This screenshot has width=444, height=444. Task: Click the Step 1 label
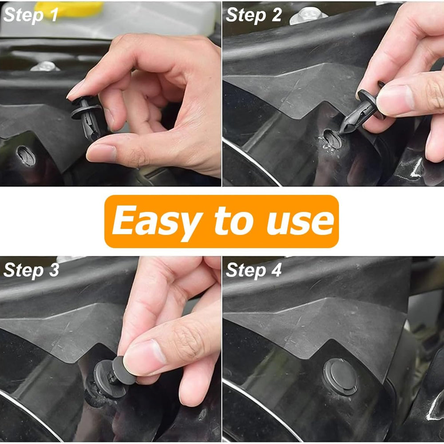tap(31, 15)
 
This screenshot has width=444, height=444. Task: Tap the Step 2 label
tap(254, 15)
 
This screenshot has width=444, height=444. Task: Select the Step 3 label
tap(31, 270)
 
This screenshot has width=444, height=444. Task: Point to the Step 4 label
tap(254, 270)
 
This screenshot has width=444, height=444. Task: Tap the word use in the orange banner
tap(301, 224)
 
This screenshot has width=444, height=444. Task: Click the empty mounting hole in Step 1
tap(26, 155)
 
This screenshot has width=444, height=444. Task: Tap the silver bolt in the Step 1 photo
tap(45, 66)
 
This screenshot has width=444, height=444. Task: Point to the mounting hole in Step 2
tap(332, 139)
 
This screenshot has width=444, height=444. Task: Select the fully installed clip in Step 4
tap(340, 377)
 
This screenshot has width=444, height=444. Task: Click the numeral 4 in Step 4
tap(277, 270)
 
